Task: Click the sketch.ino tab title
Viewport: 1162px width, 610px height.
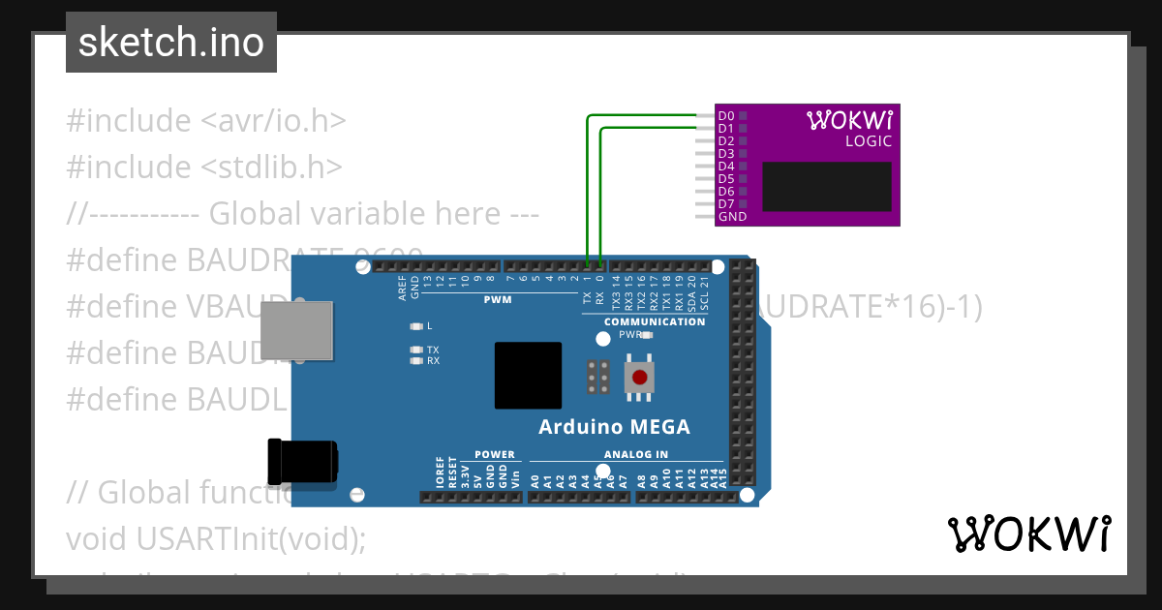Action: tap(171, 43)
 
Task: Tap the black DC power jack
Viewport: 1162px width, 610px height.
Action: tap(303, 463)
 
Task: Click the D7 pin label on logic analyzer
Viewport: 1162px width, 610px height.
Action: tap(725, 204)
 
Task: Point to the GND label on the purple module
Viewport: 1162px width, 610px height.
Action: tap(732, 217)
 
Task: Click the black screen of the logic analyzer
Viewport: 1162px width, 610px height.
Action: tap(826, 187)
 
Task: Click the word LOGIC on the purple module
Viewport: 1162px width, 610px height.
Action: tap(868, 141)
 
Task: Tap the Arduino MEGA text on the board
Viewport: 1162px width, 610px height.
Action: tap(614, 427)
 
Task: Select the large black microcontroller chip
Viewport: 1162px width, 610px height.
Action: tap(528, 376)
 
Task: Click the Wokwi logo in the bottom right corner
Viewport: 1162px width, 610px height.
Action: tap(1028, 534)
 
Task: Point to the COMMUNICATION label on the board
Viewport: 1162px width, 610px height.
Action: tap(655, 321)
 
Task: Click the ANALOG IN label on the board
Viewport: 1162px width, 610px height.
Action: tap(636, 454)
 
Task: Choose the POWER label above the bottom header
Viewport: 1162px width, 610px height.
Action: tap(495, 454)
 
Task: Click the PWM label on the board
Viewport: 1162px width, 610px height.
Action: tap(497, 300)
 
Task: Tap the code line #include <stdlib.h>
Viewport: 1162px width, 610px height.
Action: tap(204, 167)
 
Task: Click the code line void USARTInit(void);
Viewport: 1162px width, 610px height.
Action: tap(216, 538)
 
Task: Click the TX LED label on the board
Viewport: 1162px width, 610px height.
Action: tap(433, 350)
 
